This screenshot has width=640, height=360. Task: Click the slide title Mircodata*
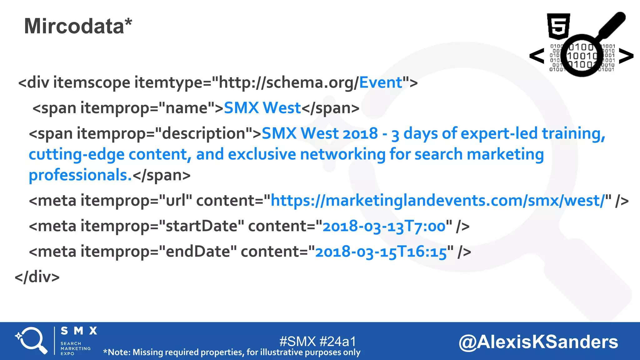78,26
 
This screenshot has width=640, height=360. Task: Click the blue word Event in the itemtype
381,83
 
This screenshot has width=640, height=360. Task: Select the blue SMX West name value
262,108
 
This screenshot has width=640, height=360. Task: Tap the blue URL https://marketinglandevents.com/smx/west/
437,201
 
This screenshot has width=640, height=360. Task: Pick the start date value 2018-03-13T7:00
384,226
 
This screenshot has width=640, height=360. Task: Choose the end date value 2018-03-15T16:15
381,252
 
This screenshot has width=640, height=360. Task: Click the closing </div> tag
37,277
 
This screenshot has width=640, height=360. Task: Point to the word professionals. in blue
80,175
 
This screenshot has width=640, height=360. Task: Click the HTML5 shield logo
558,26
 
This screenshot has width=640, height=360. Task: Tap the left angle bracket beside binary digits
537,56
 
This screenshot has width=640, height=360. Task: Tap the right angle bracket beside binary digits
626,56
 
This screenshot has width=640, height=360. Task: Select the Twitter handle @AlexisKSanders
538,342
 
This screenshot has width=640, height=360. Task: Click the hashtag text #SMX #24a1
317,341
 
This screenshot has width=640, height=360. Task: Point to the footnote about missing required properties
232,352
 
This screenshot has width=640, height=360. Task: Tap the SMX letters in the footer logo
79,331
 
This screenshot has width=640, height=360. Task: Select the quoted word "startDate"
202,226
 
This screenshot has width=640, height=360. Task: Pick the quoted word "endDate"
198,252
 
